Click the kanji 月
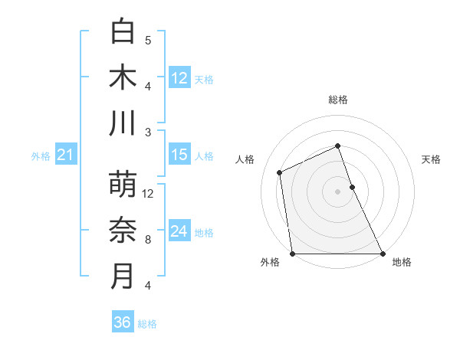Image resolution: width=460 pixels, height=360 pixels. point(123,277)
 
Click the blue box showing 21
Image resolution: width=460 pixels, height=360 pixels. point(65,155)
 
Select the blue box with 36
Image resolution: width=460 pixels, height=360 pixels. point(123,323)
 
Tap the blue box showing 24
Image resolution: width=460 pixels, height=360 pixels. point(179,231)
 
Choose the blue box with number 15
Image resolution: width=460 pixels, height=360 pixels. point(179,155)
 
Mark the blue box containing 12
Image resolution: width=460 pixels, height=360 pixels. point(179,78)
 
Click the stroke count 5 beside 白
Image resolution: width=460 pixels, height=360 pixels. point(148,41)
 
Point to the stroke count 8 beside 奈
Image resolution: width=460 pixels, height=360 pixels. point(148,240)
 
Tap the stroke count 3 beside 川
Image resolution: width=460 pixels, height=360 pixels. point(148,133)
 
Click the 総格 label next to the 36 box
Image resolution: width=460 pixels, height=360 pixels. point(147,324)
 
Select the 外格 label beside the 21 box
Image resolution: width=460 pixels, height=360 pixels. point(41,156)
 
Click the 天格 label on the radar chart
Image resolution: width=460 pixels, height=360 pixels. point(431,159)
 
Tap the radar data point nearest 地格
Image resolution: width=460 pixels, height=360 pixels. point(383,254)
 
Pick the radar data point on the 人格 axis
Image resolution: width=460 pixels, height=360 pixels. point(280,172)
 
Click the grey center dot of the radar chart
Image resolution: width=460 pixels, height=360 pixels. point(337,191)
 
